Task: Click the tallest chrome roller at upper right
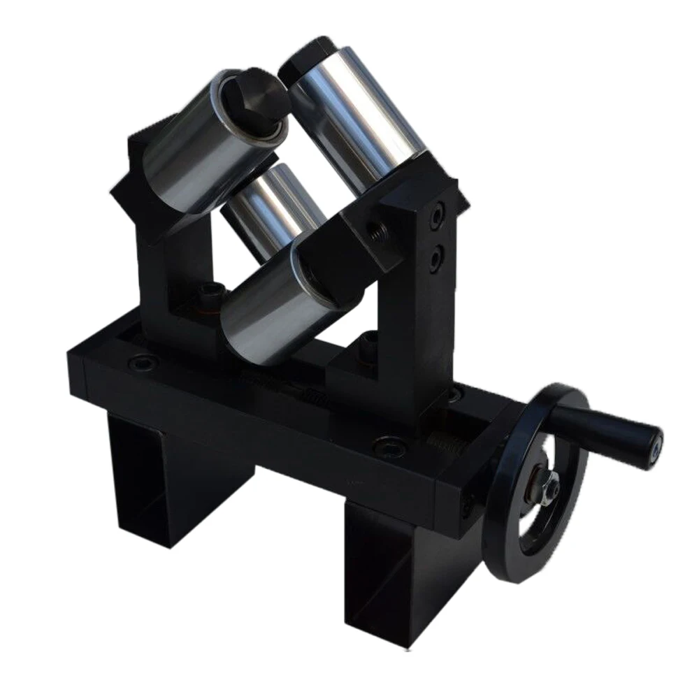pos(356,119)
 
